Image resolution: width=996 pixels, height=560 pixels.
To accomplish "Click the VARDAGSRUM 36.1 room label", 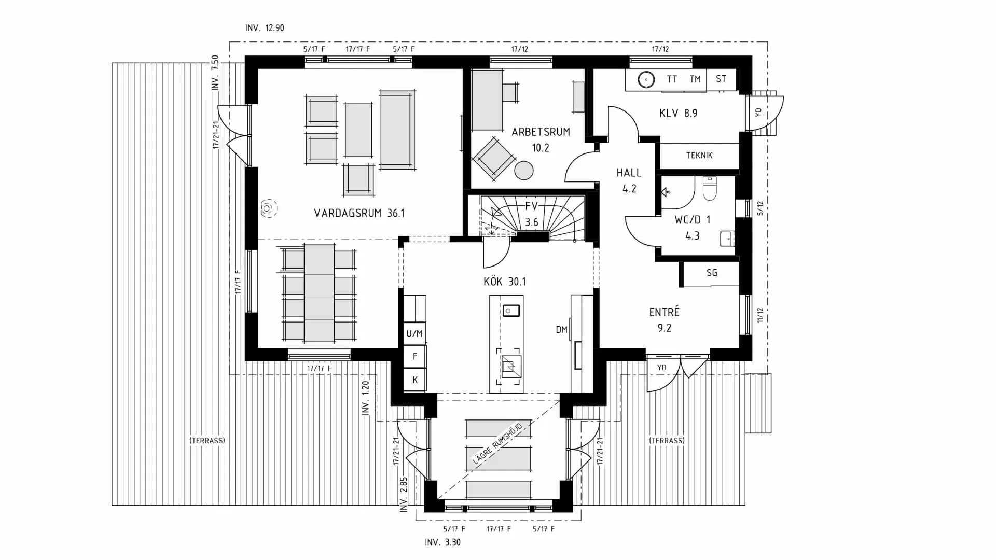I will pos(359,213).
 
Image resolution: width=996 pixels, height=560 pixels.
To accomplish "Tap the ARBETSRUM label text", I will pos(541,132).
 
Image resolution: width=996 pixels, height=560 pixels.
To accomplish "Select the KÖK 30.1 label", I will pos(504,282).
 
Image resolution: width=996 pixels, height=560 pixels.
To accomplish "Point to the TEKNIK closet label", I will pos(699,155).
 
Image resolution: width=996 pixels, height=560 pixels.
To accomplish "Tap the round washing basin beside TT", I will pos(646,79).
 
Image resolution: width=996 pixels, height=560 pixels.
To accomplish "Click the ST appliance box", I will pos(721,79).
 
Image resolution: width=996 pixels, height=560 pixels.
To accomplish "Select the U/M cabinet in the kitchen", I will pos(414,333).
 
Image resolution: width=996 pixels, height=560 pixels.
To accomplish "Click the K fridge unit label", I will pos(415,380).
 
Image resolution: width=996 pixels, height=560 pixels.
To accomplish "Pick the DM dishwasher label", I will pos(561,329).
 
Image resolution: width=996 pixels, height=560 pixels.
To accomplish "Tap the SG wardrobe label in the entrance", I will pos(712,273).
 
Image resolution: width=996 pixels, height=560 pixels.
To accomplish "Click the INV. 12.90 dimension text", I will pos(265,28).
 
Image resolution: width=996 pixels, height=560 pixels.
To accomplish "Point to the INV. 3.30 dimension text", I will pos(442,543).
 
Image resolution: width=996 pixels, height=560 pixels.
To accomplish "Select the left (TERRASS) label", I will pos(207,441).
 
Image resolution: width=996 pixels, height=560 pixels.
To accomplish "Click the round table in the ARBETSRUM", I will pos(524,171).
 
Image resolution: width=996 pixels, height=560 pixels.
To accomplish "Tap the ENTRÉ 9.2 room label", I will pos(664,319).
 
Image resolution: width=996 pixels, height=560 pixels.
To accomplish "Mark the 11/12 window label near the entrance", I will pos(760,315).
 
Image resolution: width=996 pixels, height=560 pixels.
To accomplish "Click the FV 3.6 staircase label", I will pos(531,214).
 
